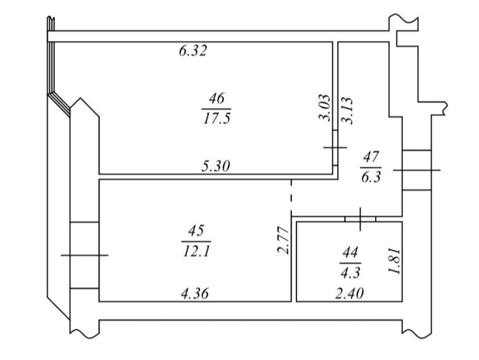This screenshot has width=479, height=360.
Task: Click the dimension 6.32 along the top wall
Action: (x=193, y=50)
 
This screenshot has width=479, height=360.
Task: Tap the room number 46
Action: (x=217, y=98)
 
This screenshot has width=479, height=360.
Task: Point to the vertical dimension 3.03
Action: (x=325, y=108)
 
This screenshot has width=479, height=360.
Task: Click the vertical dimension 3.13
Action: (x=347, y=111)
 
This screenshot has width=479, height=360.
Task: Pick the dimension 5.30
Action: (x=216, y=166)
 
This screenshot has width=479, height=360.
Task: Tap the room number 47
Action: (x=371, y=157)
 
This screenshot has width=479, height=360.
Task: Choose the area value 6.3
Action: (x=371, y=177)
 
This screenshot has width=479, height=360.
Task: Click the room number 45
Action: (x=196, y=231)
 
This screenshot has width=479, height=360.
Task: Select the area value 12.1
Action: (x=196, y=252)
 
